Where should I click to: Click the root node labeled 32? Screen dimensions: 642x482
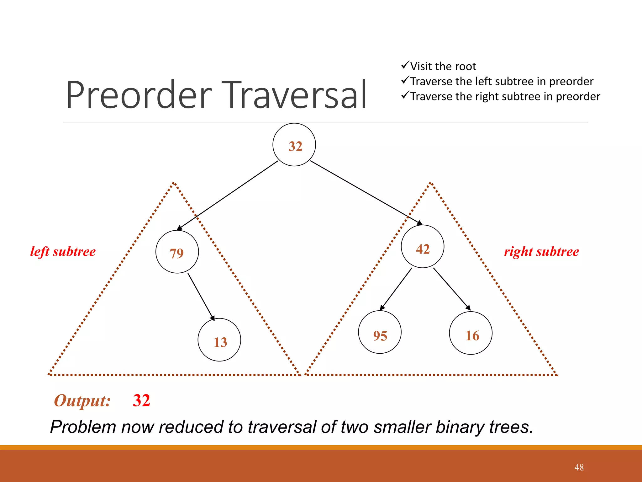click(294, 145)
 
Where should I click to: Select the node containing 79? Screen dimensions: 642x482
click(177, 252)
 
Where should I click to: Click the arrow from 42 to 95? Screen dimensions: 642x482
click(396, 289)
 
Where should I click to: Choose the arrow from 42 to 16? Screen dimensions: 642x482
click(452, 289)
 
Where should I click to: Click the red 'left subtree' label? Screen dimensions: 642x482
click(63, 252)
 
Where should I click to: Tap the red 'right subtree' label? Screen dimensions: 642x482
click(541, 252)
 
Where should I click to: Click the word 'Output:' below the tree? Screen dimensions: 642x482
click(82, 401)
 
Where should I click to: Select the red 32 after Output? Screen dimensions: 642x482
click(141, 400)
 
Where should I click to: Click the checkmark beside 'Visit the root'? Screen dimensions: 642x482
click(405, 66)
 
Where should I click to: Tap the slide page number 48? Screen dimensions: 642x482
click(579, 467)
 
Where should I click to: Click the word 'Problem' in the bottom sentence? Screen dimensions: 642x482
click(83, 427)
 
